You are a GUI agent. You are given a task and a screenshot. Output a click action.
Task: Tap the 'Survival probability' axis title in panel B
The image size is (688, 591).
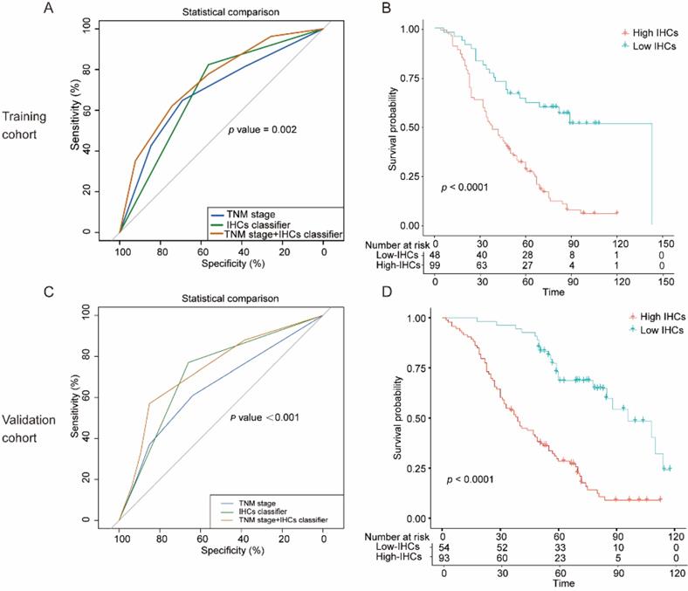[x=397, y=127]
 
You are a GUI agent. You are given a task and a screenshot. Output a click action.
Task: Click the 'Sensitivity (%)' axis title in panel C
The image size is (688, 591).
[x=86, y=409]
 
